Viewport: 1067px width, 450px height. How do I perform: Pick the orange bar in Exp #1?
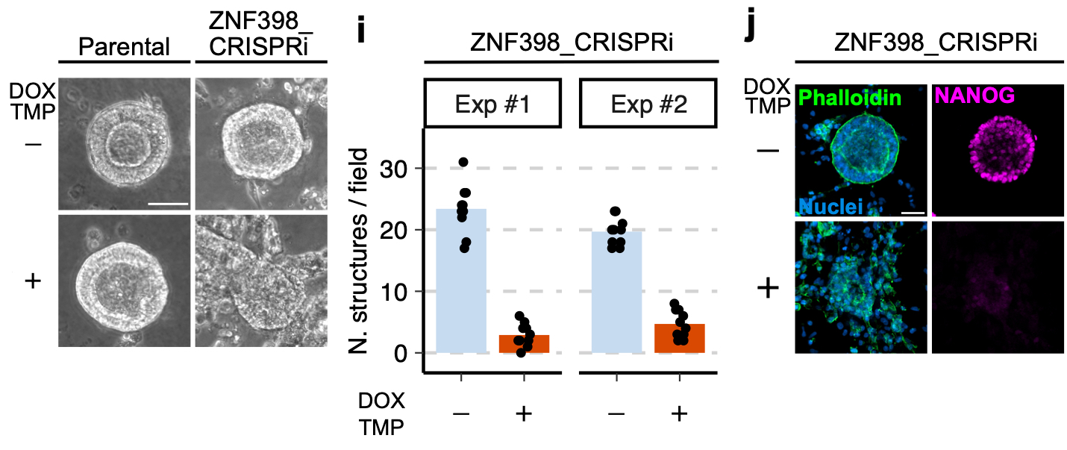tap(523, 344)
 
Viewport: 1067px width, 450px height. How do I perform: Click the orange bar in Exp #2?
tap(679, 338)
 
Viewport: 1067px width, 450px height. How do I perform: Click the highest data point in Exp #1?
tap(463, 162)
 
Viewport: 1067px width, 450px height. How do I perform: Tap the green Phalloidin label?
tap(849, 97)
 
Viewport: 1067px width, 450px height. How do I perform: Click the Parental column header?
tap(125, 49)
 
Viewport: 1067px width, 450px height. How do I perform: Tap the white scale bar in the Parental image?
tap(166, 201)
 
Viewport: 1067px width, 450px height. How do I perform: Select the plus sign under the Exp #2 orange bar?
tap(678, 413)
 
